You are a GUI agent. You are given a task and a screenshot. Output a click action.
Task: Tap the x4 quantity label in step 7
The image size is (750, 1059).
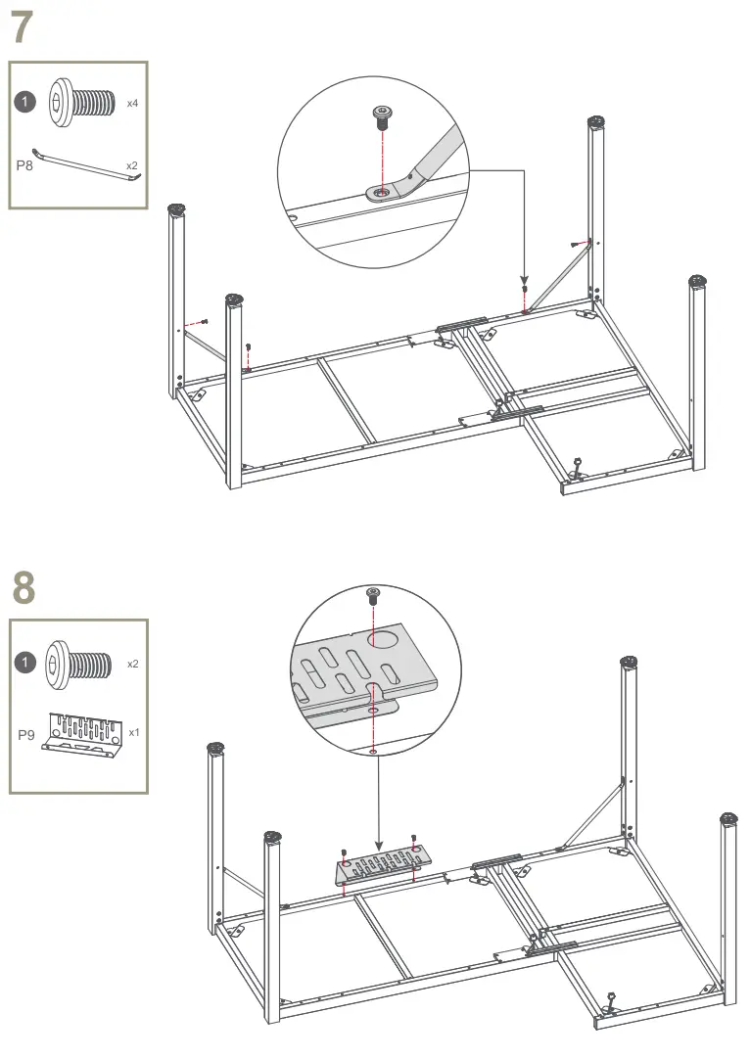(x=132, y=104)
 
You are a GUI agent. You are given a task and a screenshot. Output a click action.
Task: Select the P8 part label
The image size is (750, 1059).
(x=24, y=165)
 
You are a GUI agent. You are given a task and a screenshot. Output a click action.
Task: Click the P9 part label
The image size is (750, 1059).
(x=25, y=734)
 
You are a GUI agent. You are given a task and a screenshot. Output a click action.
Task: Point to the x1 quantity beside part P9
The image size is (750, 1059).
(x=134, y=732)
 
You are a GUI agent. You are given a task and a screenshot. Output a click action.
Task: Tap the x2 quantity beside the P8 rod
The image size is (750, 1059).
(x=132, y=165)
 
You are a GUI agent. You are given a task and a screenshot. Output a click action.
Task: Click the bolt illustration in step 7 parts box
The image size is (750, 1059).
(x=78, y=102)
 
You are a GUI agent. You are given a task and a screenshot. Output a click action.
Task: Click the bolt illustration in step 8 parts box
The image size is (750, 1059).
(x=78, y=664)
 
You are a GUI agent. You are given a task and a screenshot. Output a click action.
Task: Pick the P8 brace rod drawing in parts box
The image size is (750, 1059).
(x=86, y=165)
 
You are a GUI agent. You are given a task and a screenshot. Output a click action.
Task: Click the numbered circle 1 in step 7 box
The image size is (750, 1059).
(x=25, y=102)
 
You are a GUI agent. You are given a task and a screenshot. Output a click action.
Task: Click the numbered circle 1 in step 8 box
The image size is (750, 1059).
(x=25, y=662)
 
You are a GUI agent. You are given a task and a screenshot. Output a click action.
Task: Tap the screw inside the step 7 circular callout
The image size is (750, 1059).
(x=382, y=116)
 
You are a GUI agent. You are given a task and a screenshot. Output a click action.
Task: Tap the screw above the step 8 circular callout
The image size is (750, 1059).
(x=373, y=596)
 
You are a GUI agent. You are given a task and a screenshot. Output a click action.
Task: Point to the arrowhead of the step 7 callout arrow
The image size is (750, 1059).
(x=524, y=280)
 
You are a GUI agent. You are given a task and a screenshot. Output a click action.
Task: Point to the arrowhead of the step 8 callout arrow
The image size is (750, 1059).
(x=378, y=846)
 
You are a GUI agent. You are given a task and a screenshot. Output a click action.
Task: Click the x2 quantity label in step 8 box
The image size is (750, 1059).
(x=133, y=664)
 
